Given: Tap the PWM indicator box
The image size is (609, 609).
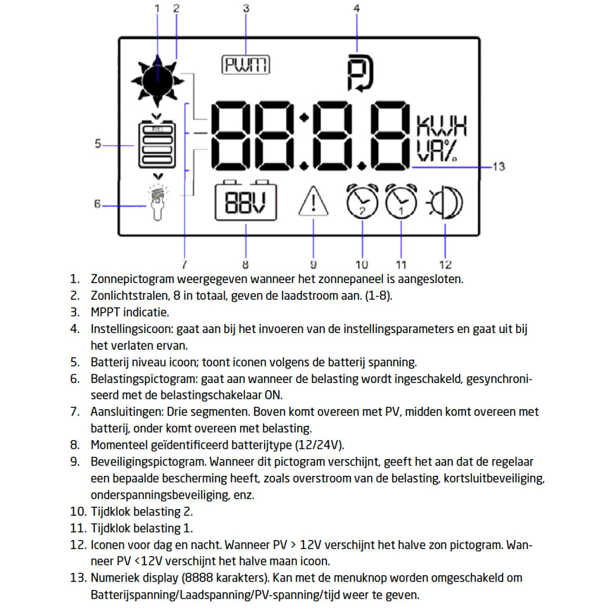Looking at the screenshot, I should (x=246, y=65).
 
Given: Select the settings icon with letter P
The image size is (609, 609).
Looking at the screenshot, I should (x=359, y=73).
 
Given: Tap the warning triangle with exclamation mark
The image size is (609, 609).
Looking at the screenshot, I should (x=313, y=202).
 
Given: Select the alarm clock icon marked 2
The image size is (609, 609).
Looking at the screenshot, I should (x=362, y=202).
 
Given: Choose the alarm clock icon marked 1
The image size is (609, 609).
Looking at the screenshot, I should (x=401, y=202).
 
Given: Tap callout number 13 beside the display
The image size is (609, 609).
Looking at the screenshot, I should (x=498, y=167).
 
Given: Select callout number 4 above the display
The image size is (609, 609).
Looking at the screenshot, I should (x=356, y=8).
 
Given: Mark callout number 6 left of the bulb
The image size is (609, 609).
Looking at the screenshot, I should (x=97, y=204).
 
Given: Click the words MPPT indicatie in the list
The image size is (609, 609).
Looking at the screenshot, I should (x=130, y=312).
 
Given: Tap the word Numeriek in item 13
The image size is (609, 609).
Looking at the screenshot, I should (x=113, y=577).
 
